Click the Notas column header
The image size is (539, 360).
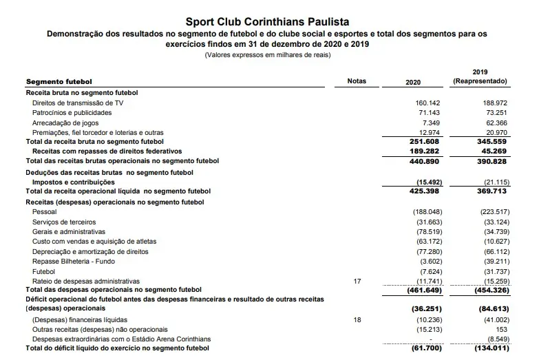[357, 82]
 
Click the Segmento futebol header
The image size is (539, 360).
[59, 82]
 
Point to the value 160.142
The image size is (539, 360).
[425, 103]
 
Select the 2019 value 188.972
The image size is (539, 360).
[495, 103]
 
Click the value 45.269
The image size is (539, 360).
[495, 151]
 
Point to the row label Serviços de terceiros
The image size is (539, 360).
[64, 222]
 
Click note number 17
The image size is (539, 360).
[357, 281]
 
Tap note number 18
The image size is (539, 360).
[357, 319]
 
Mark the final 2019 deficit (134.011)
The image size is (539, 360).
[492, 349]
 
